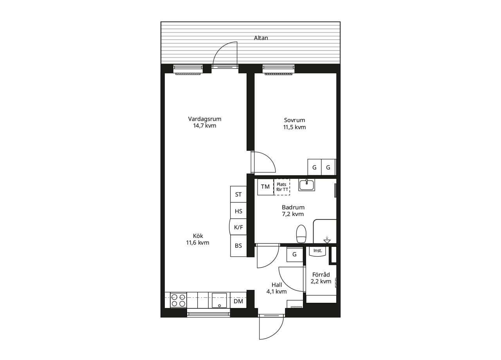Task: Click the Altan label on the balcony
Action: click(x=261, y=38)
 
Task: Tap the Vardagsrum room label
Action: click(x=205, y=119)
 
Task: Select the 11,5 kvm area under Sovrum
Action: click(x=294, y=127)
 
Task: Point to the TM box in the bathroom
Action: click(x=265, y=187)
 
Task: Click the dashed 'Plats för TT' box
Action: click(x=282, y=187)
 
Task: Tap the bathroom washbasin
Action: click(x=306, y=185)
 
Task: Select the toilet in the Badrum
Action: click(x=301, y=234)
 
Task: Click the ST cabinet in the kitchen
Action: click(x=238, y=194)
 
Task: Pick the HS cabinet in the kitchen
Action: click(x=238, y=211)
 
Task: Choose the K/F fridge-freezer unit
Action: click(x=238, y=227)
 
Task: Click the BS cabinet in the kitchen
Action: click(x=238, y=246)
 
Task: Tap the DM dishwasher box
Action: click(x=238, y=301)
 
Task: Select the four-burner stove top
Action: click(x=178, y=300)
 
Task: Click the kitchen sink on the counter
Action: click(x=219, y=300)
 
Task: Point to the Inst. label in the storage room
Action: click(x=317, y=251)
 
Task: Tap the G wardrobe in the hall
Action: click(x=295, y=254)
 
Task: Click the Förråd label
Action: click(x=321, y=275)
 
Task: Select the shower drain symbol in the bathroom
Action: click(x=327, y=240)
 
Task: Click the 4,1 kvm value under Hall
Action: click(x=276, y=292)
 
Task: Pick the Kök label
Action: click(x=198, y=236)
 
